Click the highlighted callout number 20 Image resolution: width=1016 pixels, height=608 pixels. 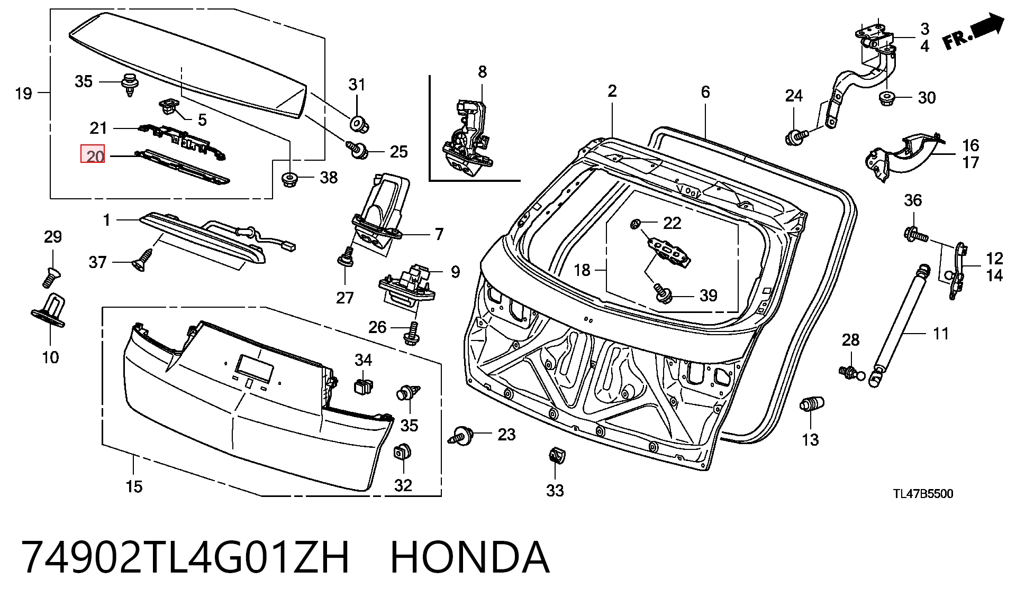[93, 154]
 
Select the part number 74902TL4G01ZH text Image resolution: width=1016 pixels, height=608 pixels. [185, 557]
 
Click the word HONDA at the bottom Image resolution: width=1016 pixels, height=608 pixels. [470, 557]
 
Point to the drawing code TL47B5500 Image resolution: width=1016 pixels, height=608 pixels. [923, 494]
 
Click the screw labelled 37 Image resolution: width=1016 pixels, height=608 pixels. [141, 262]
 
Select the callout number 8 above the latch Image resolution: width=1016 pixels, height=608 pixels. [482, 72]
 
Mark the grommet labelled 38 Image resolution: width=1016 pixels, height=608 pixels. [289, 179]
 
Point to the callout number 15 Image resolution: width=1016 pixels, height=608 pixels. [134, 486]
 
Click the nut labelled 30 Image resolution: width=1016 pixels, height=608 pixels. [886, 98]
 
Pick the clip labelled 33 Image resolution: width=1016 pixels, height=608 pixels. [555, 455]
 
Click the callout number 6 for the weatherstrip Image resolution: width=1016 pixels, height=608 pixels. [705, 92]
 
